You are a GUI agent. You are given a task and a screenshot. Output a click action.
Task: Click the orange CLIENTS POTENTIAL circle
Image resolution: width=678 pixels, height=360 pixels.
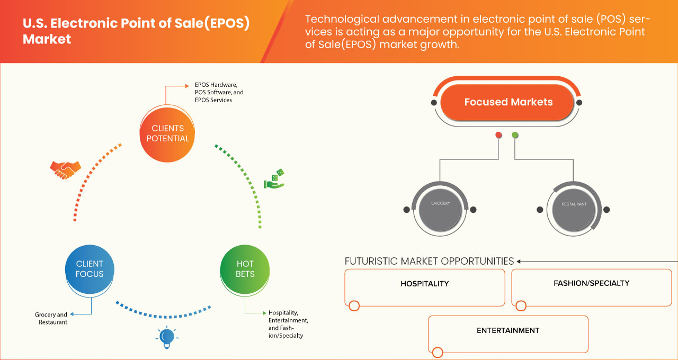(167, 133)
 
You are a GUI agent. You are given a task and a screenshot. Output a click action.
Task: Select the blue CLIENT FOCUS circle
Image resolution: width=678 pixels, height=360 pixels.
(90, 269)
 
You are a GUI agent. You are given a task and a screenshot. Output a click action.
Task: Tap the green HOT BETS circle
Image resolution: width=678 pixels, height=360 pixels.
(245, 269)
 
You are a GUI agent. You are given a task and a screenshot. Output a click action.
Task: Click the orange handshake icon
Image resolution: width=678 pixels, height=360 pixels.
(65, 169)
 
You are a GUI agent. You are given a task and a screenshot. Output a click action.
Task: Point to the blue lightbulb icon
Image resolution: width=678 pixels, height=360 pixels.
(167, 337)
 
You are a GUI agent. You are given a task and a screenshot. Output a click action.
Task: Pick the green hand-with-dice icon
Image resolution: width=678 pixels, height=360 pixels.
(274, 179)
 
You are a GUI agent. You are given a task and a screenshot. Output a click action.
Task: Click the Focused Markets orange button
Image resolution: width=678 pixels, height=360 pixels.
(508, 102)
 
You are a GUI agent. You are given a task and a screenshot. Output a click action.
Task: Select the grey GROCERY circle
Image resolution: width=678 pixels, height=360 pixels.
(440, 209)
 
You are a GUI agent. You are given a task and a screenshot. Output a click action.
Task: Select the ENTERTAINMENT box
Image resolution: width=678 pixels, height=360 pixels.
(508, 334)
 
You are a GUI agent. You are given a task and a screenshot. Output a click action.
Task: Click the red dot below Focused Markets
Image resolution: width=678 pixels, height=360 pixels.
(498, 135)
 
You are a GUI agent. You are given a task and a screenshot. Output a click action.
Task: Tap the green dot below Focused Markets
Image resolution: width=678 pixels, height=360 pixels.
(515, 135)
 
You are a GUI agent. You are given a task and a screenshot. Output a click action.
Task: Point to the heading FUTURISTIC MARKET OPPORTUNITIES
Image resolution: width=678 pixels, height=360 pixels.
(429, 261)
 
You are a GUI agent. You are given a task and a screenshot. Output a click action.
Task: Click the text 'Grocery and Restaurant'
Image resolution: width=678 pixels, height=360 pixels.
(51, 318)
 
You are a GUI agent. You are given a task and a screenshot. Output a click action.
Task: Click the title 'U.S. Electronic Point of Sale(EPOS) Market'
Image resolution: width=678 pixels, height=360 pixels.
(136, 31)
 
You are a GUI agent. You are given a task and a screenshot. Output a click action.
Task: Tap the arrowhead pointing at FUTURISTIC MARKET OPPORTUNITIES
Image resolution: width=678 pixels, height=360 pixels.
(520, 261)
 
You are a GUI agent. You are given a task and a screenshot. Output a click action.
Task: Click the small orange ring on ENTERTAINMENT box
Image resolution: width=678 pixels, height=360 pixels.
(437, 353)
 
